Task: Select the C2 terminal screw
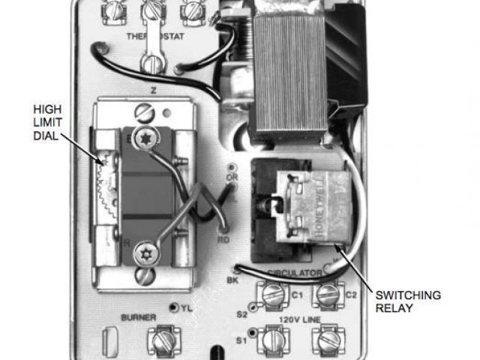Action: [327, 295]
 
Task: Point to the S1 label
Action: [241, 340]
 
